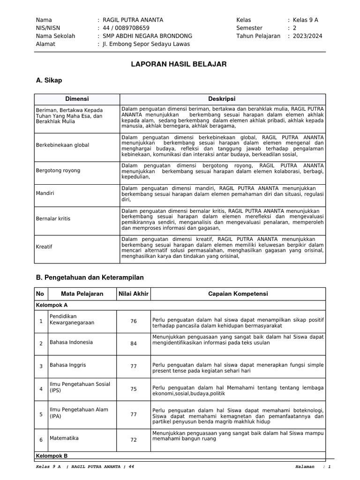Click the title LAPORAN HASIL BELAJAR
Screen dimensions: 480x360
click(x=179, y=64)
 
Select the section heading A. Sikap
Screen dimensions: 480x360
click(x=49, y=81)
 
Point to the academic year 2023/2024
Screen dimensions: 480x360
click(x=308, y=36)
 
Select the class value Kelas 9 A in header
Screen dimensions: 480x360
click(x=305, y=20)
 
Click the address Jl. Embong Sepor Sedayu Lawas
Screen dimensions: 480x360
click(x=146, y=44)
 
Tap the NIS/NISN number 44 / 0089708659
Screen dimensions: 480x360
click(x=126, y=28)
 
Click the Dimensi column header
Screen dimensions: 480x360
click(x=77, y=99)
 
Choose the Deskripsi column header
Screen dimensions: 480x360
click(x=222, y=99)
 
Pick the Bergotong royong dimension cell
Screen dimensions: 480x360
click(x=58, y=171)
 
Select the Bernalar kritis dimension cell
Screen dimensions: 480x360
click(x=53, y=218)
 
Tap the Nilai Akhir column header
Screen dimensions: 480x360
click(x=133, y=294)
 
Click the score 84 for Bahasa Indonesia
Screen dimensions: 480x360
click(x=134, y=344)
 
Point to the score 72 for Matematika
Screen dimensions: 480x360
click(x=134, y=440)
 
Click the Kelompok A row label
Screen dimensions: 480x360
click(x=52, y=305)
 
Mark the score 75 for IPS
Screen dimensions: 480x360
click(x=134, y=389)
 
